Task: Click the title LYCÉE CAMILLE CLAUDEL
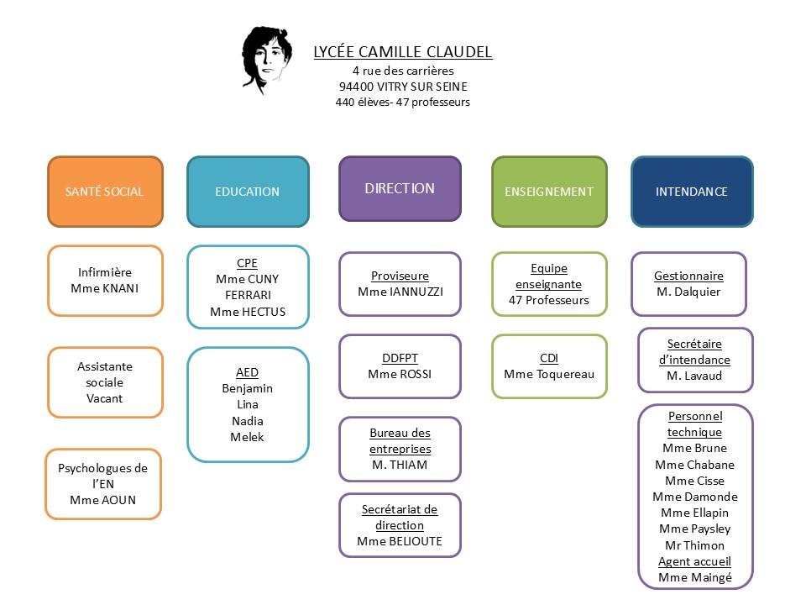tap(402, 52)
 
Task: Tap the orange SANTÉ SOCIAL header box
tap(105, 192)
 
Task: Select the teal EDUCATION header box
tap(247, 192)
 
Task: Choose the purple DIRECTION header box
tap(400, 188)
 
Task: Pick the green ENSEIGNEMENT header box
tap(549, 192)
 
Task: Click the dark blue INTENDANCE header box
tap(691, 192)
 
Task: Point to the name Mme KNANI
tap(105, 288)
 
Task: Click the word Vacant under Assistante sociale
tap(105, 398)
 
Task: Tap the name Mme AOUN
tap(102, 500)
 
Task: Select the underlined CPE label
tap(247, 263)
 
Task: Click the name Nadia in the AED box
tap(247, 421)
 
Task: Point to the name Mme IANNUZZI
tap(400, 292)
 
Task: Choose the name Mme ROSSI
tap(400, 374)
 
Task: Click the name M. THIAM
tap(400, 465)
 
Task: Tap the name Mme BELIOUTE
tap(400, 541)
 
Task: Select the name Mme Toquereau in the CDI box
tap(549, 374)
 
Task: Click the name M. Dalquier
tap(688, 292)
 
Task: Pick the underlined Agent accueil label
tap(694, 561)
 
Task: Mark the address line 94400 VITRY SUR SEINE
tap(403, 87)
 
